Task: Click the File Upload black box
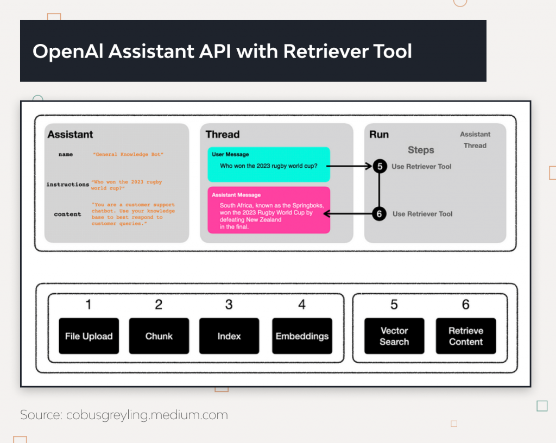(89, 336)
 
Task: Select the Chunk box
(159, 336)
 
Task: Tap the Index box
(229, 336)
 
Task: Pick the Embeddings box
(302, 336)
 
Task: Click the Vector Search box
(394, 336)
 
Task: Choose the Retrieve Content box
(466, 336)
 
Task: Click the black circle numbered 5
(380, 167)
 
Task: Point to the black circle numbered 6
(380, 214)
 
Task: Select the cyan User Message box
(269, 164)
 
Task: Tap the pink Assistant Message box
(269, 210)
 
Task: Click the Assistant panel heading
(70, 135)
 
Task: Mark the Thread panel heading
(222, 135)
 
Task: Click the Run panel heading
(379, 135)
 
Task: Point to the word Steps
(421, 150)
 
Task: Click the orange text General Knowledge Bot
(128, 155)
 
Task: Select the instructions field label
(67, 185)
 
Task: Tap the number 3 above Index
(229, 305)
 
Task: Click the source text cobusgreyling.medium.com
(147, 415)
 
